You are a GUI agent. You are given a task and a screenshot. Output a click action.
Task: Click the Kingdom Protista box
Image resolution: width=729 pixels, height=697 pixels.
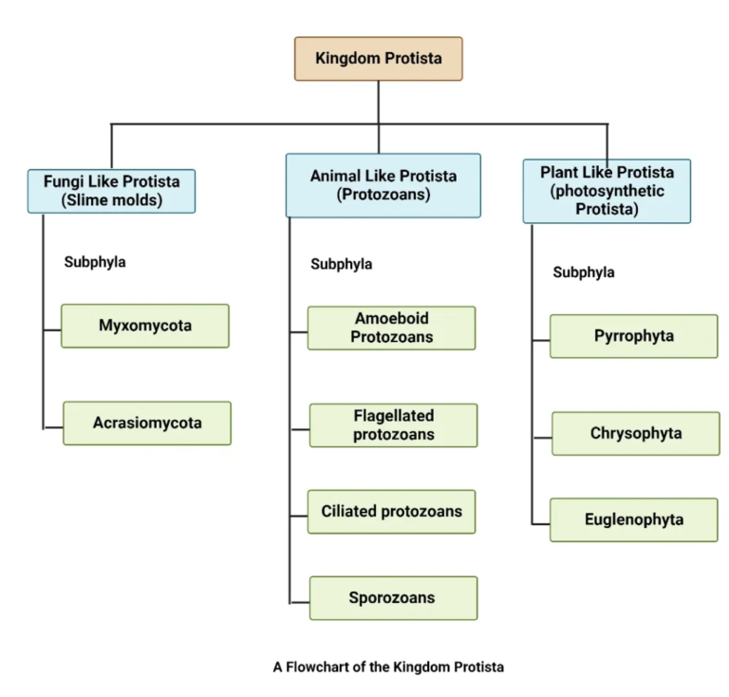tap(378, 58)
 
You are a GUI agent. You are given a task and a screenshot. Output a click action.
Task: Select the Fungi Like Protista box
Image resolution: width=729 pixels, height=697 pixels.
tap(112, 190)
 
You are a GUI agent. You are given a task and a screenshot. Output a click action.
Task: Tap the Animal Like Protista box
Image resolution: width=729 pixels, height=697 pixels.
tap(383, 185)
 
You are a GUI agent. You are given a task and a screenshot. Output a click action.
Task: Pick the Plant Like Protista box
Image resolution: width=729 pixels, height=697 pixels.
tap(607, 191)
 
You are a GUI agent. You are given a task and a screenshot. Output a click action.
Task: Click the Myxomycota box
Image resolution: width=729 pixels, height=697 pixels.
tap(145, 326)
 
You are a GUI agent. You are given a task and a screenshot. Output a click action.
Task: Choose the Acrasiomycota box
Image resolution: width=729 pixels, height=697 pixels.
tap(147, 423)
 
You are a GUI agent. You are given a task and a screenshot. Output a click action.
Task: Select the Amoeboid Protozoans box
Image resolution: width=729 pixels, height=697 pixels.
tap(391, 328)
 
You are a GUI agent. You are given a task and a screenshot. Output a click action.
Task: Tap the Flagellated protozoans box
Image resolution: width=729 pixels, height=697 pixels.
tap(393, 425)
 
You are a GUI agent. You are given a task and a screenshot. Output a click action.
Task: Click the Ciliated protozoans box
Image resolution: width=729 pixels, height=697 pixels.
tap(391, 511)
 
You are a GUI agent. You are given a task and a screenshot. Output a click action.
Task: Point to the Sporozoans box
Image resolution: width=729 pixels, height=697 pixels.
tap(393, 597)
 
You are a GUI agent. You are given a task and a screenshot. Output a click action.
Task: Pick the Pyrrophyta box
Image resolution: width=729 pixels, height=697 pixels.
tap(633, 336)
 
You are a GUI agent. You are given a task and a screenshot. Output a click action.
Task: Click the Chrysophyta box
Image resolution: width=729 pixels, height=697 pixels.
tap(635, 433)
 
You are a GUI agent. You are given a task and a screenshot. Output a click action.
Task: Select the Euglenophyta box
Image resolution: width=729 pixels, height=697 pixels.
tap(633, 519)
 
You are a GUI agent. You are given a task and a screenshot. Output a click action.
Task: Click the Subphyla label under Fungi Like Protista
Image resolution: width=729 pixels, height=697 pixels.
tap(95, 262)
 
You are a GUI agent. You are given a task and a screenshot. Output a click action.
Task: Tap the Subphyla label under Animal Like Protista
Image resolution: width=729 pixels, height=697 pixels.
tap(342, 265)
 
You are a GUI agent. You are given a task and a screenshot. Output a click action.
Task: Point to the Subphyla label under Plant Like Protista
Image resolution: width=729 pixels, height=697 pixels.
tap(584, 273)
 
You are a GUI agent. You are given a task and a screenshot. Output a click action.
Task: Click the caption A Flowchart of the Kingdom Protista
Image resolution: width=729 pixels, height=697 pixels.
tap(388, 667)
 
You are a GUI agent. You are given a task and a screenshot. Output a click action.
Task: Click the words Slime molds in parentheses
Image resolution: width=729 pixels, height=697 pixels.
tap(112, 199)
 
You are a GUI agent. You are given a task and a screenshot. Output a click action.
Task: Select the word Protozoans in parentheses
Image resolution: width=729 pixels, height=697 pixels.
tap(383, 195)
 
